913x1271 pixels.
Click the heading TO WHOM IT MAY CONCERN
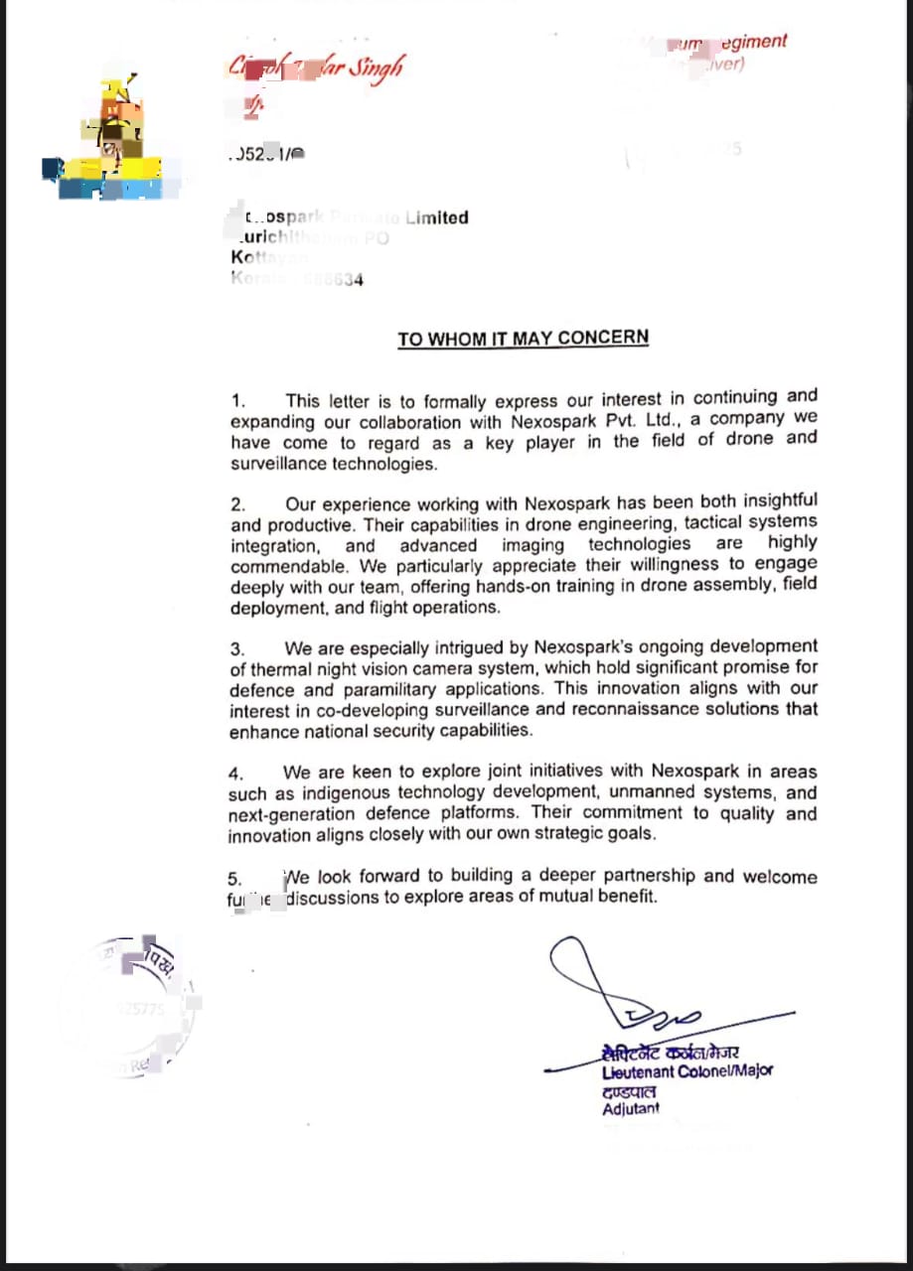click(x=523, y=339)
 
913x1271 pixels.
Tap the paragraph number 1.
click(x=237, y=402)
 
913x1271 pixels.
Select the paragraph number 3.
click(x=236, y=649)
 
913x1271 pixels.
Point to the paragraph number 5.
click(x=234, y=879)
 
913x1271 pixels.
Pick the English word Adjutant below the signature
click(x=630, y=1109)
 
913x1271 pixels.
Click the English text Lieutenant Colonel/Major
click(x=686, y=1071)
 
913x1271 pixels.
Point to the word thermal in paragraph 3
click(x=282, y=668)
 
